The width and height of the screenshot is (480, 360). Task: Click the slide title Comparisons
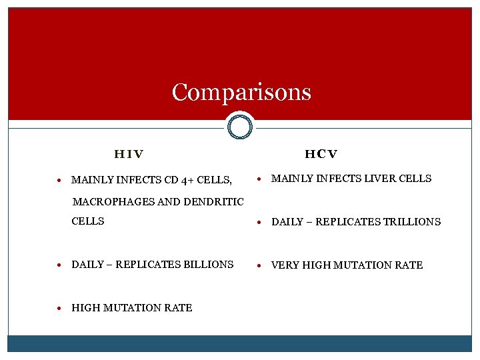tap(241, 92)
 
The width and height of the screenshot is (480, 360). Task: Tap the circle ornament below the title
tap(239, 126)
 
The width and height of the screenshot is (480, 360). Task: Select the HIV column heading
tap(129, 155)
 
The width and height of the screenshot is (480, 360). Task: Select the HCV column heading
tap(321, 155)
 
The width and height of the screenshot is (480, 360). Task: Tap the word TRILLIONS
tap(412, 222)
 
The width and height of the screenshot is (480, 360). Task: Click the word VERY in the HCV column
tap(285, 265)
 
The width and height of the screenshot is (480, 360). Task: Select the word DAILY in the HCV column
tap(287, 222)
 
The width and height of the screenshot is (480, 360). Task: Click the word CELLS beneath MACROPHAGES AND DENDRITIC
tap(88, 221)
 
